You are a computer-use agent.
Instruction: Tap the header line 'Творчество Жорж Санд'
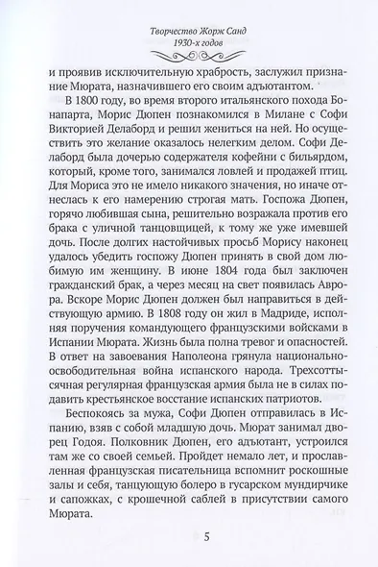[189, 13]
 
